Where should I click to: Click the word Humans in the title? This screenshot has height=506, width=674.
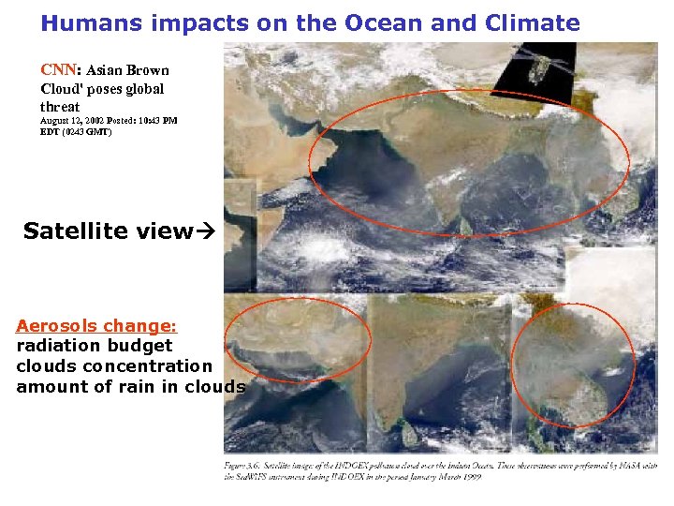pos(85,23)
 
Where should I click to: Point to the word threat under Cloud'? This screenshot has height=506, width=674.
pos(61,107)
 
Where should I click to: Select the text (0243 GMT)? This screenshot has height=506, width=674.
pos(86,132)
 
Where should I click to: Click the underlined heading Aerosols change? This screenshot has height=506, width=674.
pos(95,326)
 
